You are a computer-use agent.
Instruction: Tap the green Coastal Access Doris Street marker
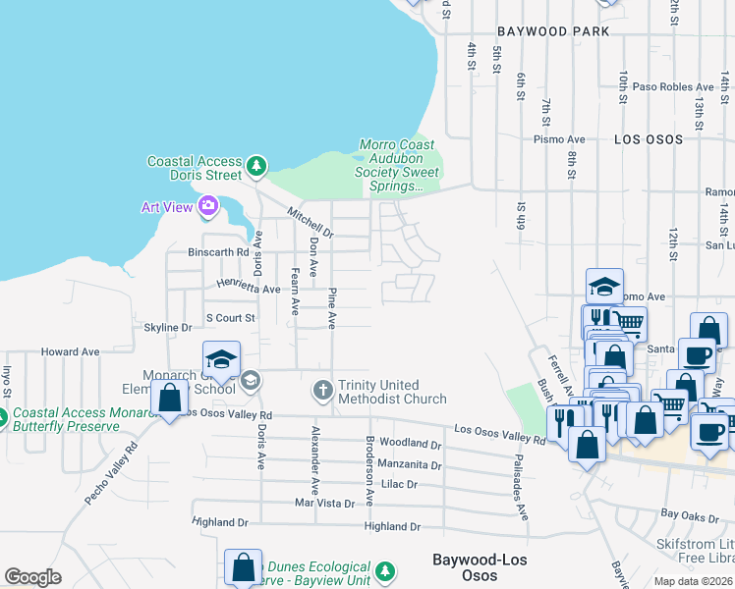[255, 167]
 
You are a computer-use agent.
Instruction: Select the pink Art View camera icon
[207, 206]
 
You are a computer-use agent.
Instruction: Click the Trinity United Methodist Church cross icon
[322, 391]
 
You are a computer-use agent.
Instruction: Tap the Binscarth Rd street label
[218, 252]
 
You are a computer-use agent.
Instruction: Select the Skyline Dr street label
[168, 327]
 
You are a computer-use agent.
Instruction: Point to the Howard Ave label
[70, 350]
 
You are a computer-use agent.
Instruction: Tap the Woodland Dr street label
[410, 444]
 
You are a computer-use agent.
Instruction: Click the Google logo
[32, 577]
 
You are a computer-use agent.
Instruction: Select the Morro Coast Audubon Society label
[390, 165]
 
